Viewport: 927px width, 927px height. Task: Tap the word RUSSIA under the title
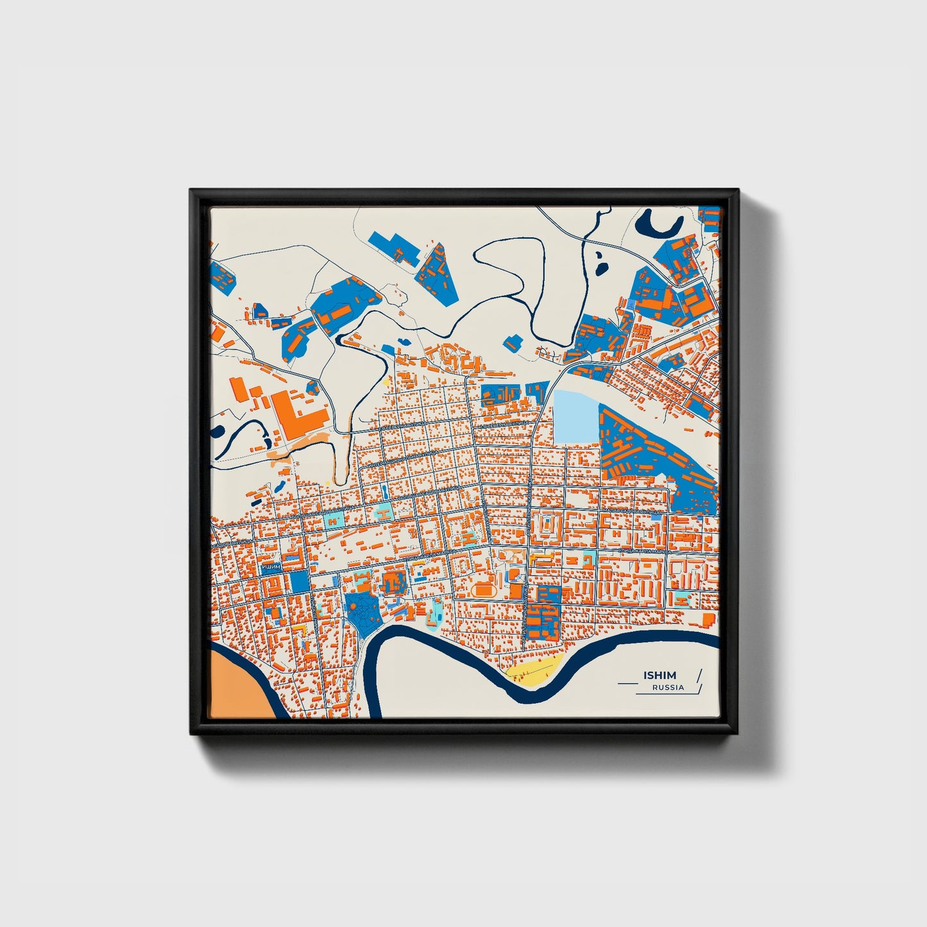[x=668, y=688]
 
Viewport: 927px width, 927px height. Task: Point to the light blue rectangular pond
[x=575, y=417]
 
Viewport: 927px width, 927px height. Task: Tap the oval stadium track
[x=482, y=589]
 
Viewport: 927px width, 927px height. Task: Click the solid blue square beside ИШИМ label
[x=298, y=581]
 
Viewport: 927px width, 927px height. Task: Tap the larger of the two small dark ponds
[x=601, y=263]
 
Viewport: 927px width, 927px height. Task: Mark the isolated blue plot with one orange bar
[x=513, y=343]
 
